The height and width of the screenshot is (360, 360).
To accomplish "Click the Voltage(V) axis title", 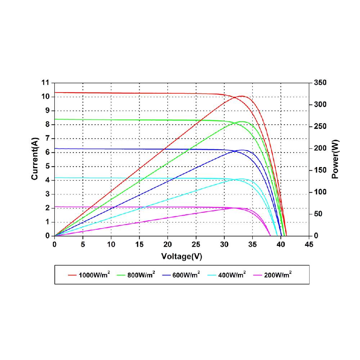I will pyautogui.click(x=181, y=256).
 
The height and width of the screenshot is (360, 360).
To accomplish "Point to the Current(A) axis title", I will pyautogui.click(x=35, y=159).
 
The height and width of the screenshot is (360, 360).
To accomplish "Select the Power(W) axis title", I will pyautogui.click(x=336, y=159).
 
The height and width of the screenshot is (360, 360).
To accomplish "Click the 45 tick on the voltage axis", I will pyautogui.click(x=309, y=244).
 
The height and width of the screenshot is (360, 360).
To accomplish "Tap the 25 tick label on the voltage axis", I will pyautogui.click(x=196, y=244).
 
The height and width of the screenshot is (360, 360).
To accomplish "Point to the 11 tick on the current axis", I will pyautogui.click(x=45, y=83).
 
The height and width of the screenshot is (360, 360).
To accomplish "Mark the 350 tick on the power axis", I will pyautogui.click(x=320, y=83).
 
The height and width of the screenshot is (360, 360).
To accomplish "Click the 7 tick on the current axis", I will pyautogui.click(x=47, y=139).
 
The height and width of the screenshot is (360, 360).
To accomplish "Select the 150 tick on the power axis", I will pyautogui.click(x=320, y=170).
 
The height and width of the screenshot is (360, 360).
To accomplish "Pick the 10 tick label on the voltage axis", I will pyautogui.click(x=111, y=244).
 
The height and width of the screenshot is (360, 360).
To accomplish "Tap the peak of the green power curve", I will pyautogui.click(x=242, y=122).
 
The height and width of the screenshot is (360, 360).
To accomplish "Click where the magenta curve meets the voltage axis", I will pyautogui.click(x=270, y=236).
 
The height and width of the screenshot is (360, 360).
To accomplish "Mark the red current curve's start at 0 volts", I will pyautogui.click(x=54, y=93).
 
